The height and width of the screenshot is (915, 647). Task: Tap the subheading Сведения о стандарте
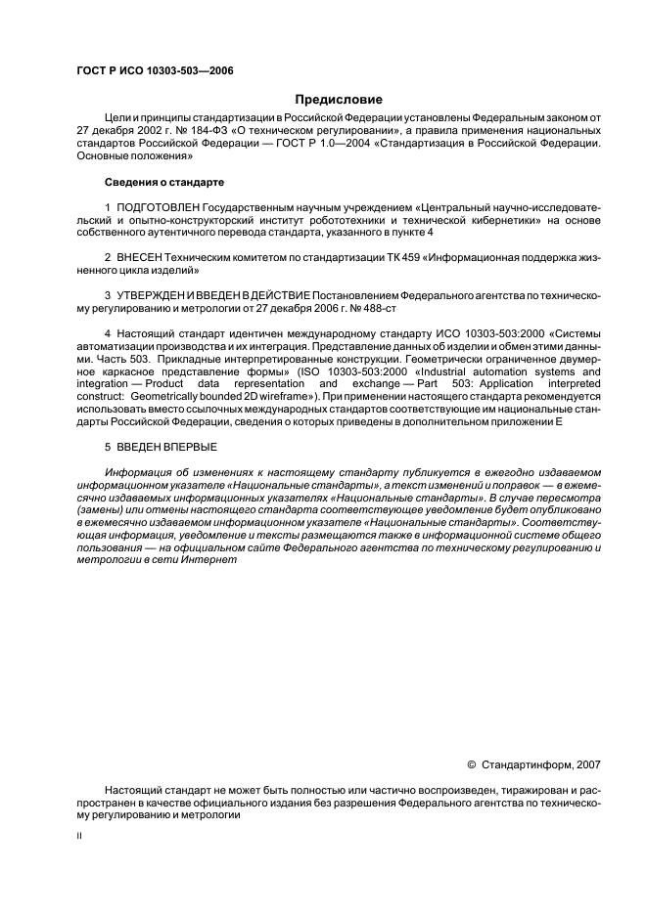[x=164, y=183]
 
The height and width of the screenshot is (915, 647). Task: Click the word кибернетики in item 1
[x=482, y=221]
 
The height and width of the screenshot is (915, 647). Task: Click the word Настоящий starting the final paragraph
[x=134, y=788]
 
